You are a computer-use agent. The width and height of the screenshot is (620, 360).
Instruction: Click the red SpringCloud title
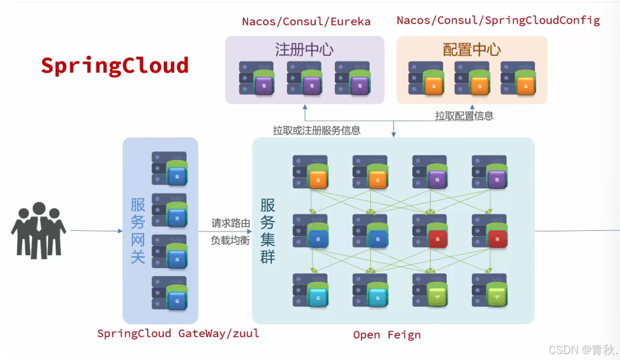tap(115, 66)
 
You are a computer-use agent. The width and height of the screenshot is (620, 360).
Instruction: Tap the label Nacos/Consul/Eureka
tap(306, 22)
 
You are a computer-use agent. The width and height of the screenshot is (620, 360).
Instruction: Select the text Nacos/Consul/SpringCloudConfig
tap(497, 20)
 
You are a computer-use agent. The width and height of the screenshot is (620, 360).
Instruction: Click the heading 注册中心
tap(304, 50)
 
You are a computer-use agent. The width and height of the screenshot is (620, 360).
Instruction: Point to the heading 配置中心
tap(472, 50)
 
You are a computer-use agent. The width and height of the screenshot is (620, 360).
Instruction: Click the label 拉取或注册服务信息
tap(317, 130)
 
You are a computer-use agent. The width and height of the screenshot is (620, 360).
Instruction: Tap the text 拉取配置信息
tap(464, 116)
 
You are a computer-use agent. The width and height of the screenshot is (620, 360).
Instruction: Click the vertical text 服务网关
tap(138, 231)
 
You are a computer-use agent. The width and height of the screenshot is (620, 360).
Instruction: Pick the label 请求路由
tap(231, 224)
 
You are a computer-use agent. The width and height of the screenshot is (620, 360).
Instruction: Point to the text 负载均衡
tap(231, 240)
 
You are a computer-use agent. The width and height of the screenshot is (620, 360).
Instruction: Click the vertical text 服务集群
tap(267, 231)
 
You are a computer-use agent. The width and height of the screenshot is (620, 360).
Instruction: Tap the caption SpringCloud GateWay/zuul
tap(178, 333)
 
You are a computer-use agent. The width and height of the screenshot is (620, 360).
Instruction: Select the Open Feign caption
tap(387, 335)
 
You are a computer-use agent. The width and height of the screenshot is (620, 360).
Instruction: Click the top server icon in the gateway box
tap(169, 168)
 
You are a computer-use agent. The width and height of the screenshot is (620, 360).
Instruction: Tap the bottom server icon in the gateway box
tap(169, 292)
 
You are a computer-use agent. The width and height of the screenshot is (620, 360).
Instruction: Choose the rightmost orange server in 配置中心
tap(518, 78)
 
